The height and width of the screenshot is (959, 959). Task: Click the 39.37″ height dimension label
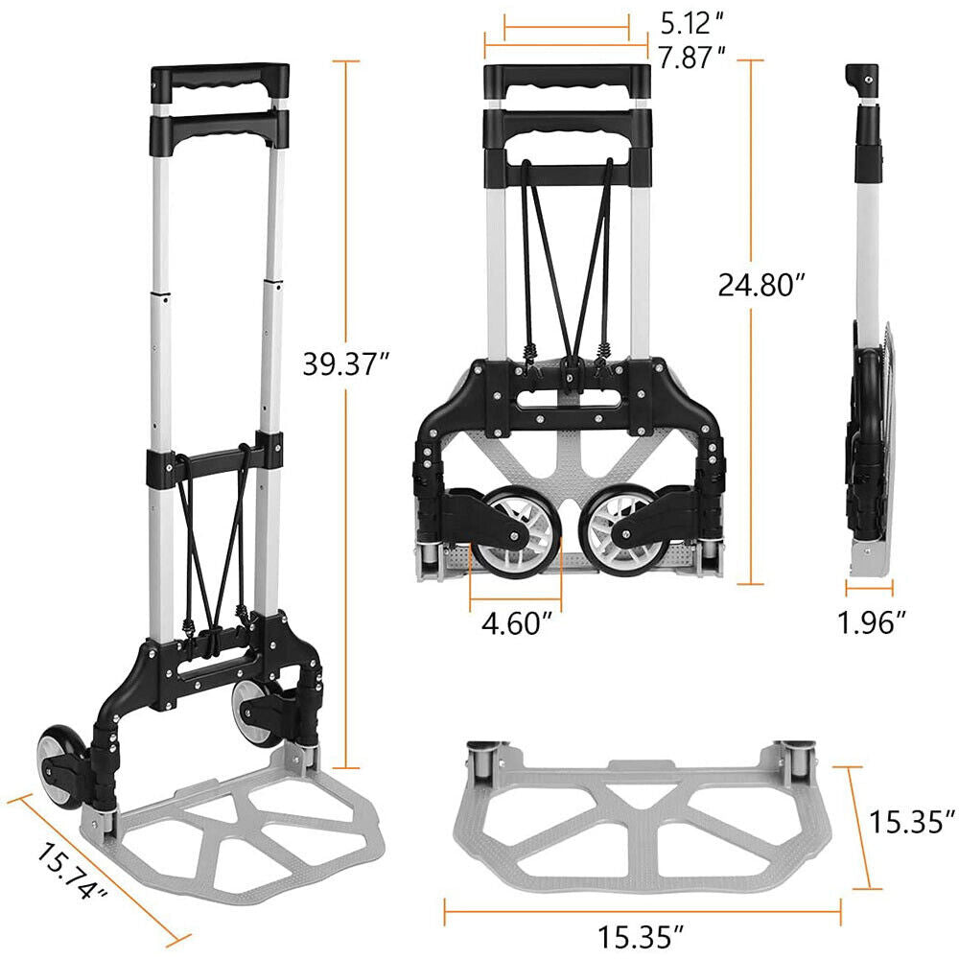346,364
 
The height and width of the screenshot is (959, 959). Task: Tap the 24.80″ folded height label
761,285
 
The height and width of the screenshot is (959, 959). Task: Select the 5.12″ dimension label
692,23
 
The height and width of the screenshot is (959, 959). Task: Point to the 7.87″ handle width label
692,58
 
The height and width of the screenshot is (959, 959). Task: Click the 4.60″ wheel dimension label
518,624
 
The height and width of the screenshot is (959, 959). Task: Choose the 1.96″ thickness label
871,622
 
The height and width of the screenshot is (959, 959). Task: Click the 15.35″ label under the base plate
641,937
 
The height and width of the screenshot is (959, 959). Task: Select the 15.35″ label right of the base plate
912,822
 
